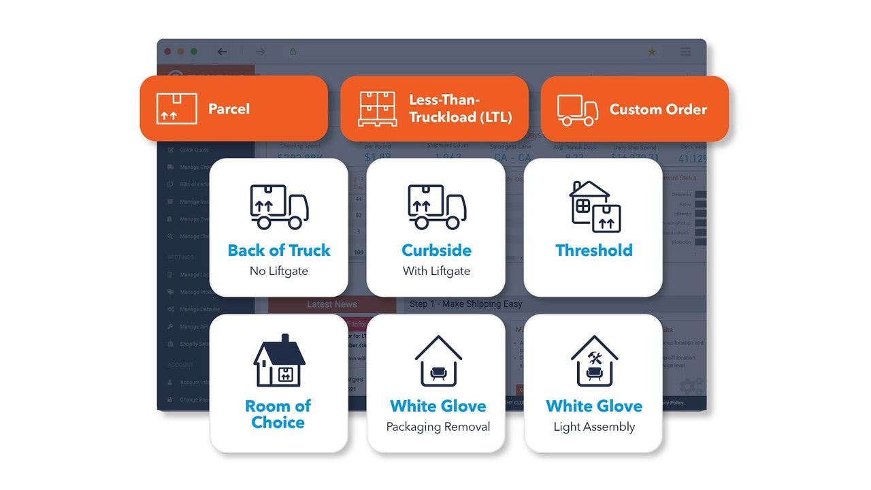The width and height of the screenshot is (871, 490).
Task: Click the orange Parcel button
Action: (x=233, y=109)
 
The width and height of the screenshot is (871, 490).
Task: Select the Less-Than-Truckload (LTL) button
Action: (x=434, y=109)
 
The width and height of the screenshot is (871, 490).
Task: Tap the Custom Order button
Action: (x=634, y=109)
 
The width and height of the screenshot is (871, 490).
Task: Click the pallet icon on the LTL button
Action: (x=378, y=109)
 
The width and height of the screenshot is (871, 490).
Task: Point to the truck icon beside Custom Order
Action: (x=577, y=110)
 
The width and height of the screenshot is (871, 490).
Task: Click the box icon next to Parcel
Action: (x=176, y=109)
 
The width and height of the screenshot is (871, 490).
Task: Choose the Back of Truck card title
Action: (x=279, y=250)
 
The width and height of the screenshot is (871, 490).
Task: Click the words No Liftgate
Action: (x=279, y=271)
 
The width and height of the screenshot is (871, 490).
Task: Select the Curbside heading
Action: (x=436, y=250)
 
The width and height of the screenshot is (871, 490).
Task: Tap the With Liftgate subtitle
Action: (x=436, y=271)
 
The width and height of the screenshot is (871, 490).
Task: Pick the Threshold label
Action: (x=594, y=250)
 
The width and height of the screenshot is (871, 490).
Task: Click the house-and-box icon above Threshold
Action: (x=594, y=206)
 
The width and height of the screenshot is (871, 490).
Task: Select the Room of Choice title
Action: (x=278, y=414)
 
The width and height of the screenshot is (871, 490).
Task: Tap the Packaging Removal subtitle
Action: (x=438, y=427)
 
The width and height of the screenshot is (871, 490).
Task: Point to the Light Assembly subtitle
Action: (x=594, y=427)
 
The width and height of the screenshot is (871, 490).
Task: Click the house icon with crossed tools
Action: (x=594, y=361)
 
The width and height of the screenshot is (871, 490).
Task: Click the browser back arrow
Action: (x=222, y=52)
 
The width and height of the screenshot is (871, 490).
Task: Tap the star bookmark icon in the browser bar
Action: (x=652, y=52)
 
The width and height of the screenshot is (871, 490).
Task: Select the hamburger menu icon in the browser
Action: (x=685, y=52)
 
